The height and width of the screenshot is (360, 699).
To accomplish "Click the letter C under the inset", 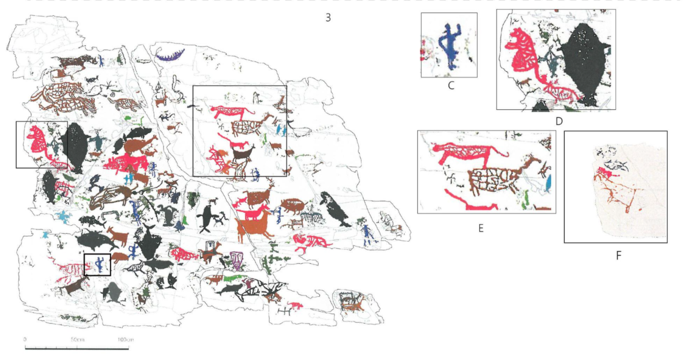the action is (451, 86).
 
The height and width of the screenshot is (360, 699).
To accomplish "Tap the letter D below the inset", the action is (559, 121).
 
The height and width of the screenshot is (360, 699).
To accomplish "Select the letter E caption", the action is (481, 228).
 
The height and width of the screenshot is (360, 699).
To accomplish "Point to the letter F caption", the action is (619, 256).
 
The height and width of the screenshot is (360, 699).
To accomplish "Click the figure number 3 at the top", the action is (328, 18).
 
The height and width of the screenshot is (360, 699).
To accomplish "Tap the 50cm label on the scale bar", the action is (77, 339).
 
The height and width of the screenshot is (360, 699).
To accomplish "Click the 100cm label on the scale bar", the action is (125, 339).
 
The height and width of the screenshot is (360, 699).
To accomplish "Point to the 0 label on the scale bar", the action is (25, 339).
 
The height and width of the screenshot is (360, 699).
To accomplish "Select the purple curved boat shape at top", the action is (171, 56).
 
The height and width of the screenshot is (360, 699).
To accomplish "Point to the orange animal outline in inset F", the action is (619, 193).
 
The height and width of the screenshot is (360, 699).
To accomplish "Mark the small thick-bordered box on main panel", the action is (97, 264).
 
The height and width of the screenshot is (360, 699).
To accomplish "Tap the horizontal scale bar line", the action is (77, 349).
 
